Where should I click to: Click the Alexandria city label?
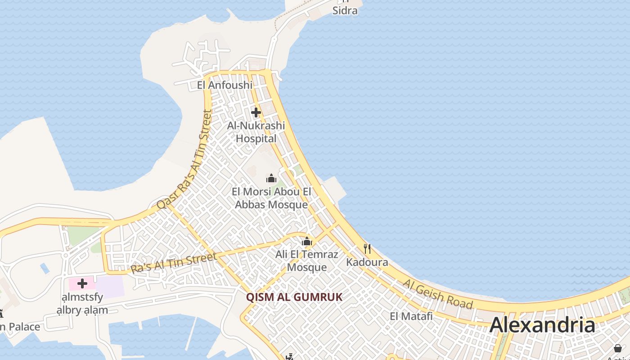[542, 325]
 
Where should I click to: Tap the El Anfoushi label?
[225, 85]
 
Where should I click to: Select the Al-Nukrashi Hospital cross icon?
[256, 112]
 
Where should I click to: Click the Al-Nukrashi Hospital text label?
[256, 132]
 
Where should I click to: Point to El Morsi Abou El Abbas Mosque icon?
[271, 179]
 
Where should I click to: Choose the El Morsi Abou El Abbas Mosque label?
[271, 198]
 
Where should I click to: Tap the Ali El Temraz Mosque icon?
[307, 242]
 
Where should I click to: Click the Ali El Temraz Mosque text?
[307, 261]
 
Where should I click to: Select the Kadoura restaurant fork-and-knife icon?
[367, 248]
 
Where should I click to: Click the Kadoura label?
[367, 262]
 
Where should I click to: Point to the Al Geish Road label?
[437, 294]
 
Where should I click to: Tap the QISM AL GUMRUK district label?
[294, 297]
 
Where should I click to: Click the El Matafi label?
[411, 316]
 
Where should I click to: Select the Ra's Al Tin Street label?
[174, 263]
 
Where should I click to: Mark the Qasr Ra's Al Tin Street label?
[185, 159]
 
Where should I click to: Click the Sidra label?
[345, 10]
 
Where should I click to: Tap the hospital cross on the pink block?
[82, 283]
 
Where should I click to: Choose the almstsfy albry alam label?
[82, 303]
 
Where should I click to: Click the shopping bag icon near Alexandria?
[618, 348]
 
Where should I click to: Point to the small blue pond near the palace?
[45, 268]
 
